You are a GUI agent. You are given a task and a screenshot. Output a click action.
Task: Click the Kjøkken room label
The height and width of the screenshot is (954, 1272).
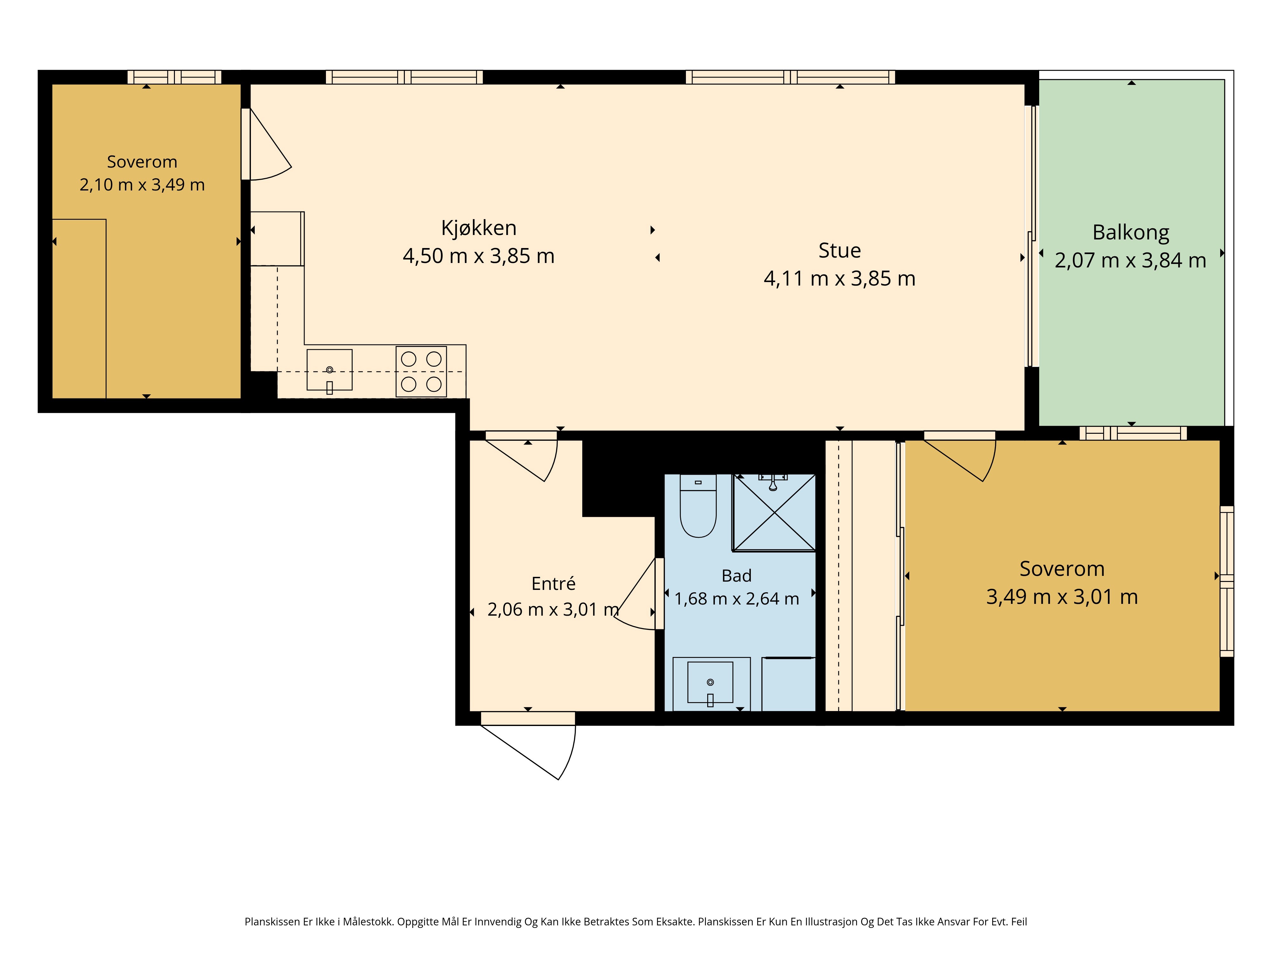[x=479, y=228]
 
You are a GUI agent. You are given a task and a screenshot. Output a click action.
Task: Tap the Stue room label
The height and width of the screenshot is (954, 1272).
[x=840, y=251]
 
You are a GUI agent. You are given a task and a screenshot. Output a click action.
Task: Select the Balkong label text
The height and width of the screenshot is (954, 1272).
[x=1130, y=233]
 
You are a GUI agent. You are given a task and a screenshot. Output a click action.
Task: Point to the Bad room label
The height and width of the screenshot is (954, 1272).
[x=736, y=576]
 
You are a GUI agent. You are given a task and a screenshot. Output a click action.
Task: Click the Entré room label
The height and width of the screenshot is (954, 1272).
[x=553, y=583]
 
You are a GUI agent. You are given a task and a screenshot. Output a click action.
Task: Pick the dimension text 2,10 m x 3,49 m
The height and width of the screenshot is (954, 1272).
[x=142, y=184]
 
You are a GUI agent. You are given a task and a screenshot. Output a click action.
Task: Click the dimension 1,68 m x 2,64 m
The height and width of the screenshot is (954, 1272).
[x=736, y=598]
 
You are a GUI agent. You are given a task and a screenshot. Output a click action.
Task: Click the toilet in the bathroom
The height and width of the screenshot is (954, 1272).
[x=698, y=506]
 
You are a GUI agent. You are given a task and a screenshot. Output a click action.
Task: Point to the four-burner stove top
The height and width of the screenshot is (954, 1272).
[x=421, y=371]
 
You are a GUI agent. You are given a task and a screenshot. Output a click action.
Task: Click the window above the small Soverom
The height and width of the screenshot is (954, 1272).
[x=174, y=77]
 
